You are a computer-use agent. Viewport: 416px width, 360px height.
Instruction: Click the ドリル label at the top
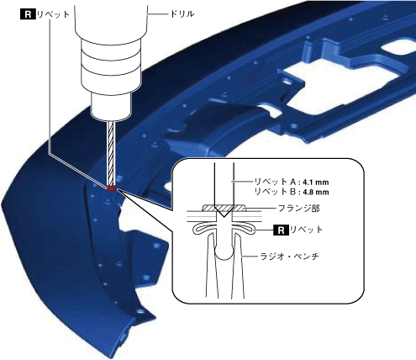click(182, 14)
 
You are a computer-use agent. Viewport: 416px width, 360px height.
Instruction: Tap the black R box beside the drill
click(28, 14)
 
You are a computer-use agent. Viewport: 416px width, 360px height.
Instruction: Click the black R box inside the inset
click(281, 230)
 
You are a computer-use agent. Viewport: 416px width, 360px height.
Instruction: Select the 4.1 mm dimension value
click(315, 183)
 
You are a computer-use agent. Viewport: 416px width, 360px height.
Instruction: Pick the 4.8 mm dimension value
click(316, 193)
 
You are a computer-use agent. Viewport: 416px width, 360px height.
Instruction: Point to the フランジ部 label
click(298, 209)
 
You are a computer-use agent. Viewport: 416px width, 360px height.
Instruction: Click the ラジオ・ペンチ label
click(290, 257)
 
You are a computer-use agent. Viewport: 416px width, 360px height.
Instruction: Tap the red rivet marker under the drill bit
click(111, 188)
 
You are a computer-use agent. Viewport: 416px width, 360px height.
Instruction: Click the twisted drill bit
click(111, 153)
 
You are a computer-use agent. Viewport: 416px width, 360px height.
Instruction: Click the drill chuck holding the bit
click(111, 107)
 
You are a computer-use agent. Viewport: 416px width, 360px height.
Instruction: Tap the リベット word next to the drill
click(53, 14)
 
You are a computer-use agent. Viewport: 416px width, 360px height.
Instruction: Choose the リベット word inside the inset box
click(306, 230)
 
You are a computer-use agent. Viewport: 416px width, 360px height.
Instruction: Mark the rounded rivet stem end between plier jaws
click(224, 253)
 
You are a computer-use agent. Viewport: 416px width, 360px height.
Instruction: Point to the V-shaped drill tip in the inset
click(224, 212)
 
